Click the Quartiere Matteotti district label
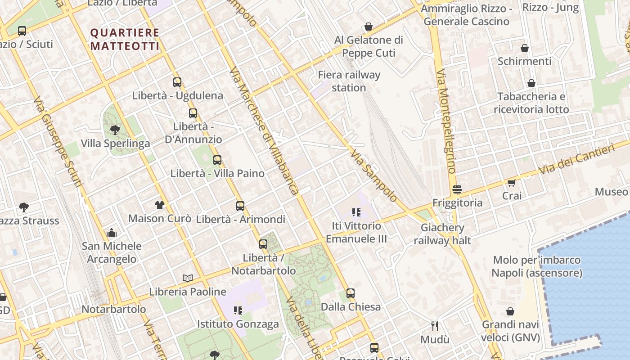tap(125, 39)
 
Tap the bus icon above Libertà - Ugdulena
tap(177, 82)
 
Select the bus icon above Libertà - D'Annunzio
tap(193, 113)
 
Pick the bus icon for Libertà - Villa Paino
tap(217, 160)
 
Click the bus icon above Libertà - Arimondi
tap(240, 206)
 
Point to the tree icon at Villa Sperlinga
tap(115, 130)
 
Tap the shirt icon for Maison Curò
tap(160, 205)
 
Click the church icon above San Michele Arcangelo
tap(112, 233)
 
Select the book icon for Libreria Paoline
tap(188, 279)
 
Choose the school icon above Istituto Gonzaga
tap(238, 310)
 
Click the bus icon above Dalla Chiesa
tap(351, 293)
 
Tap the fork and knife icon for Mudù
tap(435, 326)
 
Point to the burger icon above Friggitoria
tap(457, 189)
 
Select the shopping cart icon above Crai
tap(512, 182)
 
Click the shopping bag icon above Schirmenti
tap(524, 48)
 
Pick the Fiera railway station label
tap(349, 81)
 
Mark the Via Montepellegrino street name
tap(446, 121)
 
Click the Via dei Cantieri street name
tap(577, 160)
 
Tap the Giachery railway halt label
tap(442, 234)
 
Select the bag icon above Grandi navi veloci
tap(510, 311)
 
